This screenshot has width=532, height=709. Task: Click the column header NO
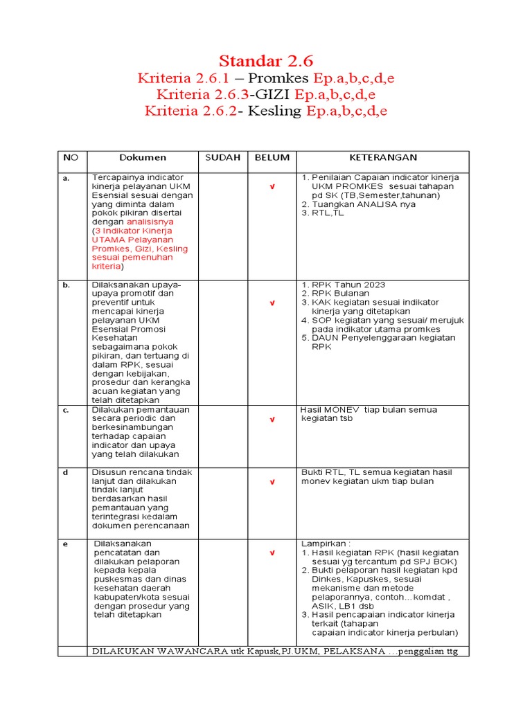click(x=71, y=158)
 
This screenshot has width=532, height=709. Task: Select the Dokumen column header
click(x=142, y=158)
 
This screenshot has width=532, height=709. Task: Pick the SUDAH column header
click(x=222, y=158)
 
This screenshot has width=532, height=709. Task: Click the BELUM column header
click(x=272, y=158)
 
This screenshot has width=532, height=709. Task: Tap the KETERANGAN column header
click(x=382, y=158)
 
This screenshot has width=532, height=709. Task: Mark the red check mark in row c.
click(x=272, y=420)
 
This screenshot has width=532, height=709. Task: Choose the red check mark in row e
click(x=272, y=553)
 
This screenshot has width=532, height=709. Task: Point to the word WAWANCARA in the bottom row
click(x=194, y=652)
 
